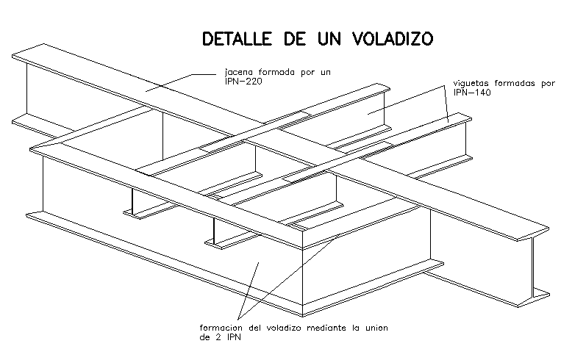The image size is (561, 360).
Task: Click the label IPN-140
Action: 471,93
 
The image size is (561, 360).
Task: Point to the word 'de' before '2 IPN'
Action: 204,338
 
